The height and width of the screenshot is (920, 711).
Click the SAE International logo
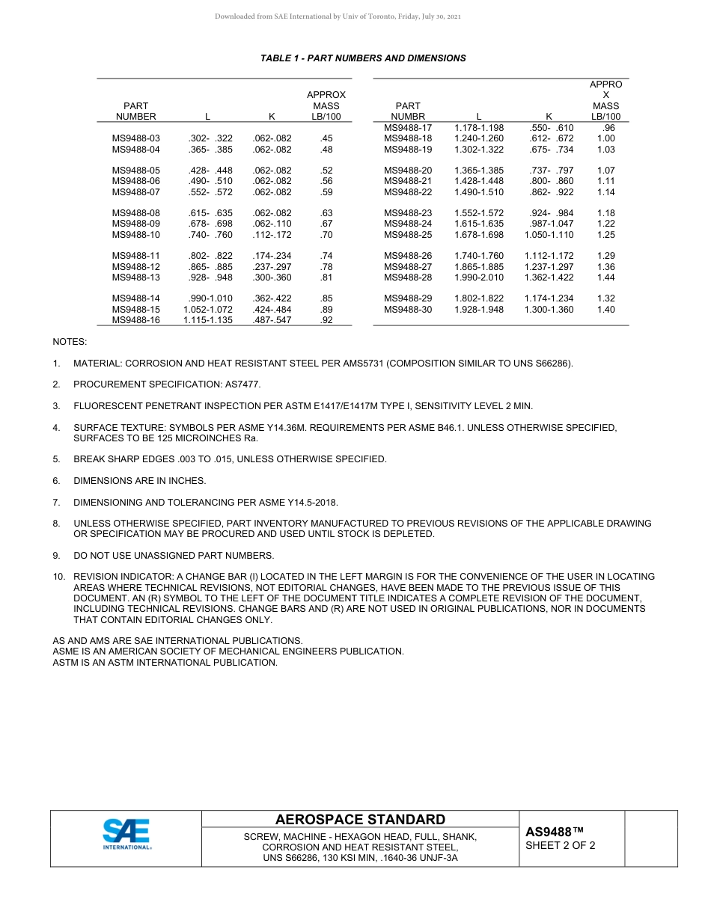[126, 834]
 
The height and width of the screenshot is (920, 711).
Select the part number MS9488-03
[135, 138]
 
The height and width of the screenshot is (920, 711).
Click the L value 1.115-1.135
[207, 320]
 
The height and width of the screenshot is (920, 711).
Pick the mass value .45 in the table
[326, 138]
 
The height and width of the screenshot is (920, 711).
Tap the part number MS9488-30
[408, 310]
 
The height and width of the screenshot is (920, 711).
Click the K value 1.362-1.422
[549, 277]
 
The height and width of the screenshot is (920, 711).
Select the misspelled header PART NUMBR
[408, 111]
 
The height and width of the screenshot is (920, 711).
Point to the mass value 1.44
[605, 277]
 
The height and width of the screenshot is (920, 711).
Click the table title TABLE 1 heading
[363, 58]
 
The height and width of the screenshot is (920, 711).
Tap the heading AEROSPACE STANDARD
[360, 820]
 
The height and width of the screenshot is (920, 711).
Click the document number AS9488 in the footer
[554, 832]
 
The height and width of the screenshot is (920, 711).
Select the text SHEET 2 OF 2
[561, 846]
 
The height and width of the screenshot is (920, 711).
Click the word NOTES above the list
[70, 342]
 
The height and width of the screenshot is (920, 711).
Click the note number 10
[58, 577]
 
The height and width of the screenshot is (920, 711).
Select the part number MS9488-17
[408, 128]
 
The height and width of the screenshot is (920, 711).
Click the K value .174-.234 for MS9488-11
[272, 256]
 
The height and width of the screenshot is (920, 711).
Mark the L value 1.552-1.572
[479, 213]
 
